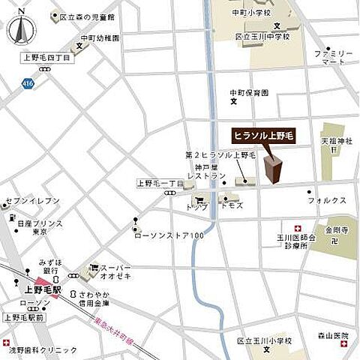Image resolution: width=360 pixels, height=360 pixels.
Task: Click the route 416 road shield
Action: tap(28, 82)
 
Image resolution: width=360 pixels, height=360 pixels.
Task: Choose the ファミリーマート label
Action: tap(334, 58)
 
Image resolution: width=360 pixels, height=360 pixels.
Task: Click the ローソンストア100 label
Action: tap(169, 236)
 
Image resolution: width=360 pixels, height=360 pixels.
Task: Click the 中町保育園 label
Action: tap(249, 93)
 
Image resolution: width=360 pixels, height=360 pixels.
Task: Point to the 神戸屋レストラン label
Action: tap(206, 171)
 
